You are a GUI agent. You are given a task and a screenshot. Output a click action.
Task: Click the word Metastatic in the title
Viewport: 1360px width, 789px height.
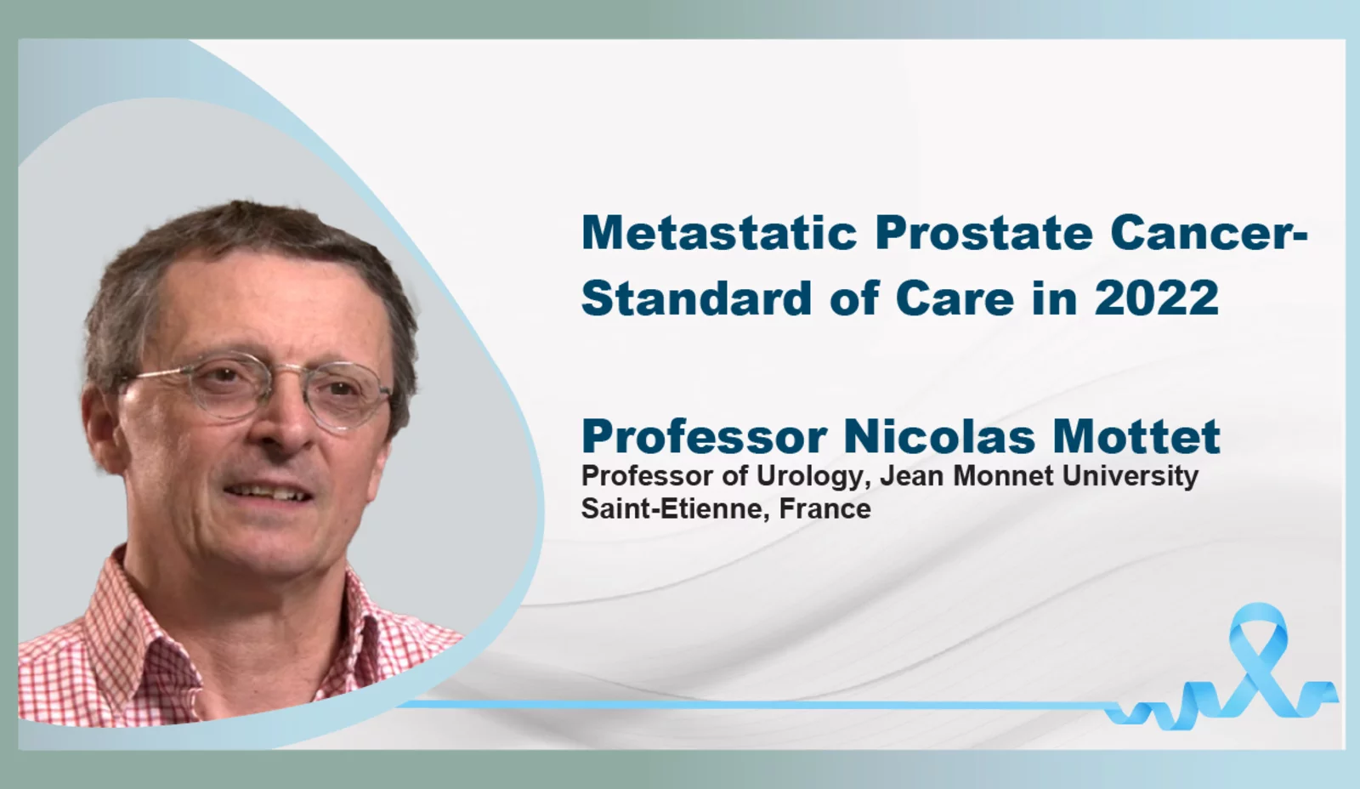tap(719, 233)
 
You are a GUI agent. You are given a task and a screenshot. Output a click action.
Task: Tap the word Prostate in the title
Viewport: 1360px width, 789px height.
tap(984, 233)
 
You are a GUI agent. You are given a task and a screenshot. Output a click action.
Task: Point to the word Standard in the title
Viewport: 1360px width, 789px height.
tap(696, 298)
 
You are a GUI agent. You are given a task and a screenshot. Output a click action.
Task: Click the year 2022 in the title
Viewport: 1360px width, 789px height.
tap(1157, 298)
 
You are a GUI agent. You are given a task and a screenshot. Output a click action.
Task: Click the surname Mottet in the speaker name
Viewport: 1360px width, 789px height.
tap(1136, 436)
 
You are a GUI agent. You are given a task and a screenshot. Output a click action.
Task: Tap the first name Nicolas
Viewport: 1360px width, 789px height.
tap(939, 436)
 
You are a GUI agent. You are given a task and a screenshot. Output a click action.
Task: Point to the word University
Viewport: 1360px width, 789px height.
tap(1130, 476)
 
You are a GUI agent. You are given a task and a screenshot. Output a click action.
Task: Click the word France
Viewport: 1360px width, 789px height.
tap(825, 509)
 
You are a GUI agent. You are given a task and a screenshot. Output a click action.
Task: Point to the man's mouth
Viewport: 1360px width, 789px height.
tap(267, 491)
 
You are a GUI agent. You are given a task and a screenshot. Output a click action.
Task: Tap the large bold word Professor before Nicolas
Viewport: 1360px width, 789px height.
tap(705, 436)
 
